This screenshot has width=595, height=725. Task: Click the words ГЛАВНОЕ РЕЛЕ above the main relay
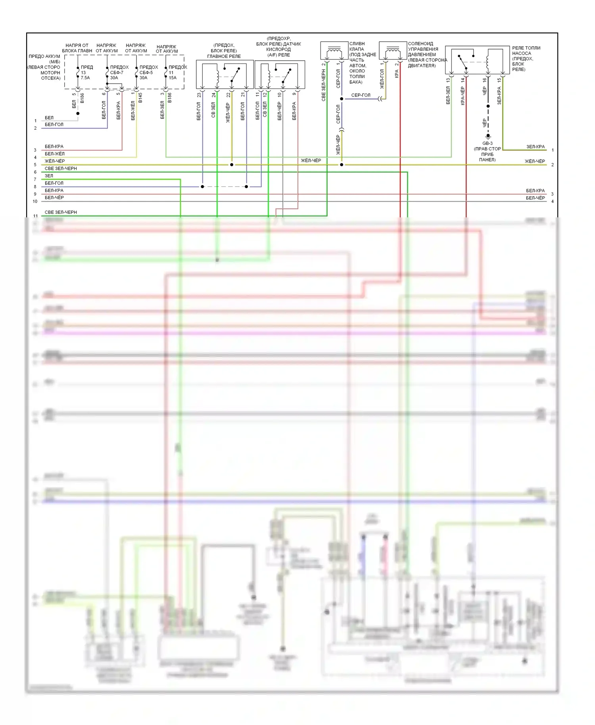(x=224, y=56)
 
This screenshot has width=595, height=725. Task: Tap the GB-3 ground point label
(x=488, y=144)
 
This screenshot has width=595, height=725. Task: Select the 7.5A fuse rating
(x=85, y=78)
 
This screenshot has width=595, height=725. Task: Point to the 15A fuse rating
(x=173, y=78)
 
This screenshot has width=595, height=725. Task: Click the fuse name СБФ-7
(x=117, y=73)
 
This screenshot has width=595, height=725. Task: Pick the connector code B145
(x=140, y=98)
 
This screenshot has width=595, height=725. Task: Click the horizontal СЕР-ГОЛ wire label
(x=361, y=95)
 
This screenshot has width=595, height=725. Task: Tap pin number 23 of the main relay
(x=199, y=95)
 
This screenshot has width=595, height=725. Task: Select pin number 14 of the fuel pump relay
(x=463, y=80)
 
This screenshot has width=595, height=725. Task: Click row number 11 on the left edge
(x=36, y=216)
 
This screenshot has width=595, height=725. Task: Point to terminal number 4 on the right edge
(x=553, y=201)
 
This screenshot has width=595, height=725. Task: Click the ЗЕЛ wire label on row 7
(x=49, y=176)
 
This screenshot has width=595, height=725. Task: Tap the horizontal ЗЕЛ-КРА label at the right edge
(x=535, y=147)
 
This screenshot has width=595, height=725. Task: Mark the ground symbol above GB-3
(x=488, y=136)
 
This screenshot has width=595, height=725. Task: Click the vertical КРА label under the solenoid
(x=396, y=74)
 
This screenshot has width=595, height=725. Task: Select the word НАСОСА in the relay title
(x=521, y=53)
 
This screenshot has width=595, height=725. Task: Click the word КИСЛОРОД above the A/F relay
(x=278, y=50)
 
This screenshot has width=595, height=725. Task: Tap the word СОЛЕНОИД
(x=420, y=44)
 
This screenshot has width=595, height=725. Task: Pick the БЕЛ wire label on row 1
(x=49, y=118)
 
